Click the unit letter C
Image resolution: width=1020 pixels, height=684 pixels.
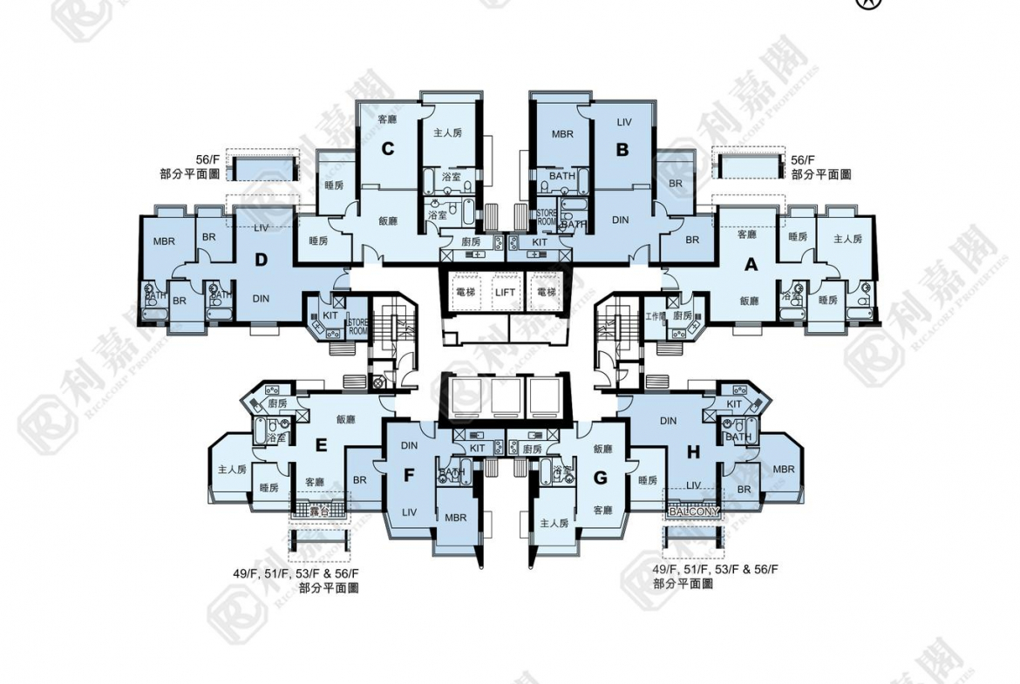(x=388, y=149)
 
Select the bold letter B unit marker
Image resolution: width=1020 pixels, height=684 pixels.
(x=622, y=150)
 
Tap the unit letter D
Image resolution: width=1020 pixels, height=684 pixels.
(x=261, y=259)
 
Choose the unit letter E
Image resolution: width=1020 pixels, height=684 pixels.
(x=321, y=445)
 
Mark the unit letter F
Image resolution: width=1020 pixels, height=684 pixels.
(x=408, y=476)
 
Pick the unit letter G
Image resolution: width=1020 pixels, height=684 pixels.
(x=599, y=477)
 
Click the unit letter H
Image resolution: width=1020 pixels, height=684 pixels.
(x=693, y=451)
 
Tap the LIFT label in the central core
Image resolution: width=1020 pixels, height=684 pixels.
(x=505, y=293)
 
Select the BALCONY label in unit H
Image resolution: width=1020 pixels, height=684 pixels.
(x=694, y=511)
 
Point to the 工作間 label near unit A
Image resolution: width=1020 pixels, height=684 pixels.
(x=656, y=315)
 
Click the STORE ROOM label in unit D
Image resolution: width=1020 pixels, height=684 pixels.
(x=357, y=327)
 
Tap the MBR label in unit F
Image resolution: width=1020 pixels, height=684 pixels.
(x=455, y=518)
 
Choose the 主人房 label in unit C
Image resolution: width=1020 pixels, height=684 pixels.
(x=447, y=132)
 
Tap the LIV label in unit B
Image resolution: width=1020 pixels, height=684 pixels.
(x=622, y=122)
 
